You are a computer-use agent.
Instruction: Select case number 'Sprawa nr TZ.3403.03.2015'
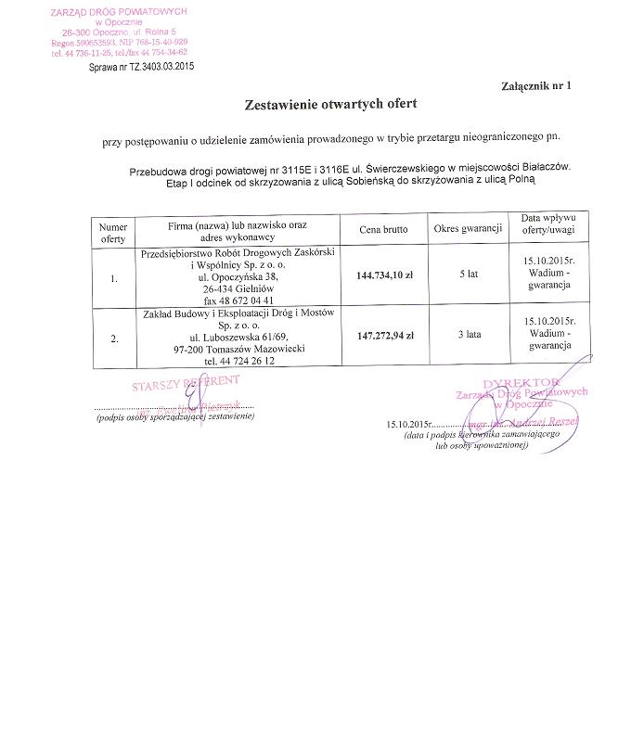pos(141,68)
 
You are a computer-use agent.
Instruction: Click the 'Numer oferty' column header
pos(113,233)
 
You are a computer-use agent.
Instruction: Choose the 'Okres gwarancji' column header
pos(468,228)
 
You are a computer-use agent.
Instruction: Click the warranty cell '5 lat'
pos(468,275)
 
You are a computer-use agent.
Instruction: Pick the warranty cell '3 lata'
pos(468,336)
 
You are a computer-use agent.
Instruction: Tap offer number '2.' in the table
pos(113,339)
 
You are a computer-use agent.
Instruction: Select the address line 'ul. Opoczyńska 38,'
pos(238,276)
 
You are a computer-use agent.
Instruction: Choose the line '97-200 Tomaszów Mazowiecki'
pos(238,349)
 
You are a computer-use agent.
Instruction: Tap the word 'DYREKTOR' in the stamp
pos(521,382)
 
